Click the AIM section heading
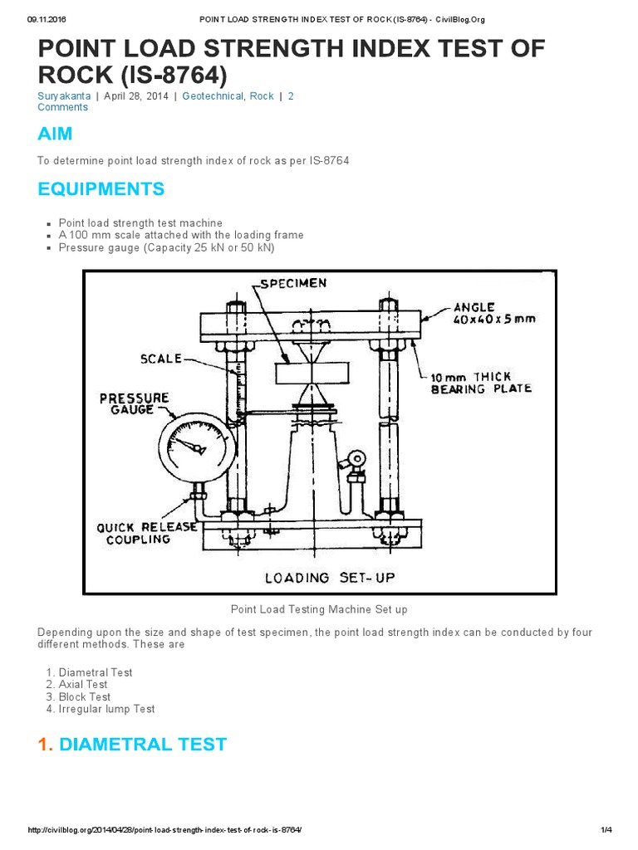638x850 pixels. coord(55,134)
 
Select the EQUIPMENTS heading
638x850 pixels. coord(101,189)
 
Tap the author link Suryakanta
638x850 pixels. coord(64,96)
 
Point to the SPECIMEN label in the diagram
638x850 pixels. coord(293,283)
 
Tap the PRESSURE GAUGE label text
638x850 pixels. coord(134,403)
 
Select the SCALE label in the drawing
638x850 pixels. coord(160,359)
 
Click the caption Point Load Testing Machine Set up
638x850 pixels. coord(319,609)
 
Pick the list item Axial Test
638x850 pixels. coord(83,685)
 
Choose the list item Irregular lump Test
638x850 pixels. coord(106,709)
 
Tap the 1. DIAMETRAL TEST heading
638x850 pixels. coord(132,744)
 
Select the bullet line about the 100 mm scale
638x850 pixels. coord(181,235)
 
